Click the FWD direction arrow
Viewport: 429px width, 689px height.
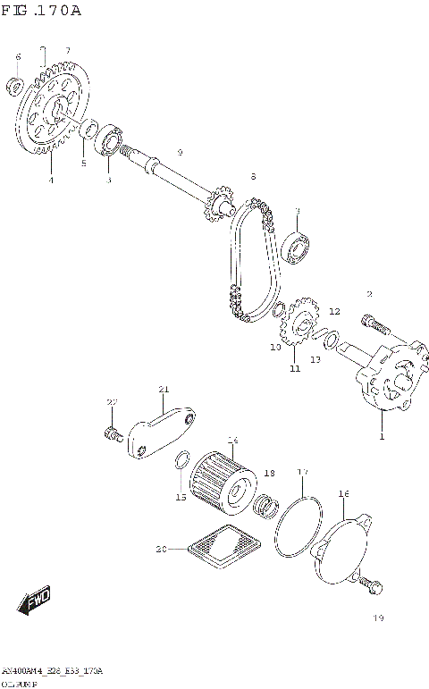tap(36, 601)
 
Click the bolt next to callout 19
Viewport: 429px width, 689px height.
tap(372, 584)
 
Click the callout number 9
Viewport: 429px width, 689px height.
tap(180, 153)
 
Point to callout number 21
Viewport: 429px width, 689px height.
tap(163, 389)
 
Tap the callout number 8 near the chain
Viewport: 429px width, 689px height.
tap(253, 177)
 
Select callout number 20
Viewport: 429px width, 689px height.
tap(161, 549)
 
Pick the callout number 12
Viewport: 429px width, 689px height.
tap(334, 312)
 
